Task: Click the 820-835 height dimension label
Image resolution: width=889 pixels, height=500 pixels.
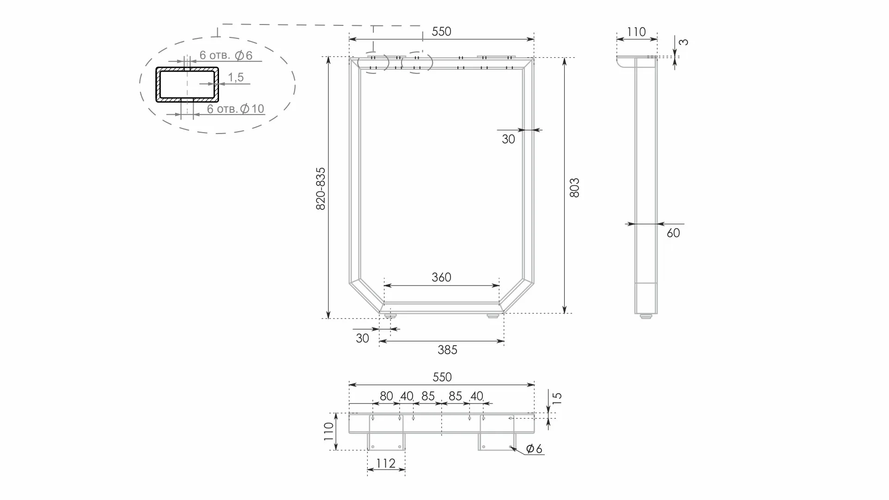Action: pyautogui.click(x=321, y=189)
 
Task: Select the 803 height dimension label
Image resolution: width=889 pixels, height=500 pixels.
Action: pyautogui.click(x=574, y=188)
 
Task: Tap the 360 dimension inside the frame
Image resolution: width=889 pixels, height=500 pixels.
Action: pyautogui.click(x=441, y=277)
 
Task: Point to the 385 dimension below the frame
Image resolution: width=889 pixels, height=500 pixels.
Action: pyautogui.click(x=447, y=350)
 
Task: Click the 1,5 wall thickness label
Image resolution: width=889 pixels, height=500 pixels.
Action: pyautogui.click(x=236, y=77)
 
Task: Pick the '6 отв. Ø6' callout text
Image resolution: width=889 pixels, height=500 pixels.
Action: pyautogui.click(x=226, y=55)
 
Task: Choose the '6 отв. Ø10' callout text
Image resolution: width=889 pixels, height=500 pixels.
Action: pyautogui.click(x=236, y=109)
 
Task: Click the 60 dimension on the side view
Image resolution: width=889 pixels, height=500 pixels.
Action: pyautogui.click(x=673, y=233)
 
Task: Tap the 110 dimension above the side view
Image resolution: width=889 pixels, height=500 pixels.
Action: pyautogui.click(x=636, y=32)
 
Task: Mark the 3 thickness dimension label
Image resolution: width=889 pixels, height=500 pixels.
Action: pyautogui.click(x=685, y=42)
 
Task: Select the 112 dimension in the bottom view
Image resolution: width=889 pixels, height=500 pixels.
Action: pyautogui.click(x=386, y=463)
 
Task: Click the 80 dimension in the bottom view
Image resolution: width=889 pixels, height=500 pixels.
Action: pyautogui.click(x=386, y=396)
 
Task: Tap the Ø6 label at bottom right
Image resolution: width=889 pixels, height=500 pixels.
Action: pyautogui.click(x=534, y=448)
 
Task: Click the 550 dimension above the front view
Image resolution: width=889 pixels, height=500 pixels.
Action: pyautogui.click(x=441, y=31)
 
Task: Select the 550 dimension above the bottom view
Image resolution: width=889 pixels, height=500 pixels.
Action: pyautogui.click(x=442, y=377)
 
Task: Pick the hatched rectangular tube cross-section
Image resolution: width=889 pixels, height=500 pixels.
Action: pyautogui.click(x=187, y=85)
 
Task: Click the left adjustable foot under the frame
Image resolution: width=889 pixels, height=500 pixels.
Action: pyautogui.click(x=391, y=316)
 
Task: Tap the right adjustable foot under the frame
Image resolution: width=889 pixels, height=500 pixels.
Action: pyautogui.click(x=493, y=316)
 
